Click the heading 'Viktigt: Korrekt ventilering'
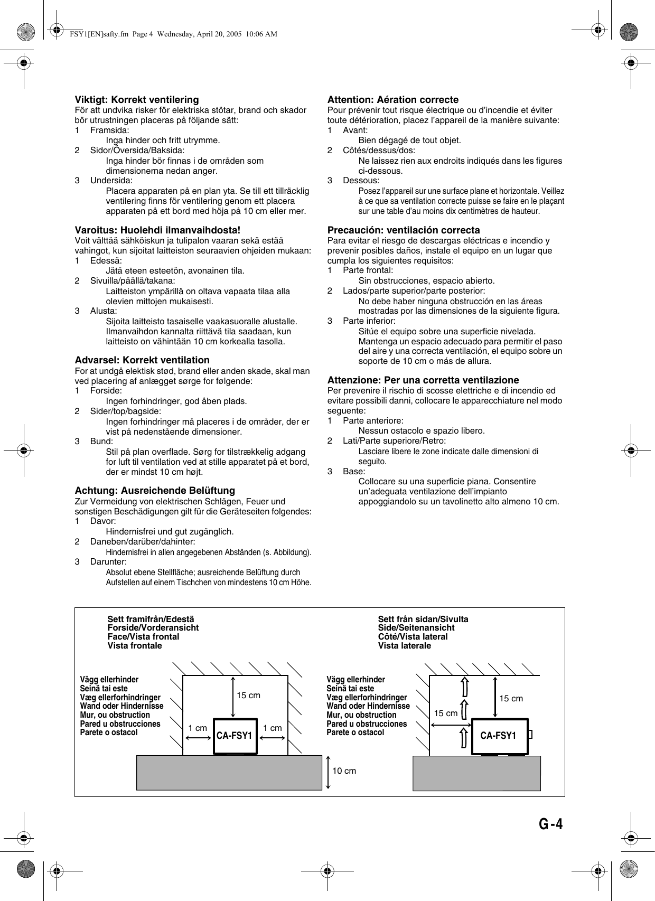(x=137, y=99)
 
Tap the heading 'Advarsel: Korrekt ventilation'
(x=142, y=360)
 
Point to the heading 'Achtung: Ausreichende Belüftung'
(x=155, y=490)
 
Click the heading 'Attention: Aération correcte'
(x=393, y=99)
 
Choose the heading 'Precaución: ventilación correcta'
(x=404, y=230)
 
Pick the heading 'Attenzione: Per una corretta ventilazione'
(x=423, y=380)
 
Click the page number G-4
(x=550, y=825)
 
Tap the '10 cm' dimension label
(x=344, y=771)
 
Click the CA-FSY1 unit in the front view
(x=235, y=736)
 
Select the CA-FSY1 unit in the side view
(x=499, y=736)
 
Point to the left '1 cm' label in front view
(x=198, y=728)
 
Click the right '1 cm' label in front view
(x=273, y=728)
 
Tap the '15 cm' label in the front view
(x=248, y=695)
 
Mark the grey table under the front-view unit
(x=229, y=772)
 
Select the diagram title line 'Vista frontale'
(x=135, y=646)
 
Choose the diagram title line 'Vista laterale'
(x=404, y=646)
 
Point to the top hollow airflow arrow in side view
(x=464, y=687)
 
